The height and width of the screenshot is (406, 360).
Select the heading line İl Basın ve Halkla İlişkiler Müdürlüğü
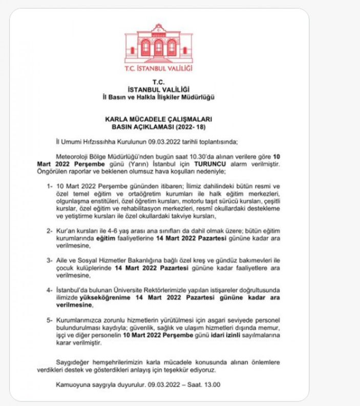click(x=159, y=97)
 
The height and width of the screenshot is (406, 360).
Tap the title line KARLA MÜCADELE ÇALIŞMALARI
click(x=159, y=118)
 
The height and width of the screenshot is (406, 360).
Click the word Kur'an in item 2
click(x=65, y=231)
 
